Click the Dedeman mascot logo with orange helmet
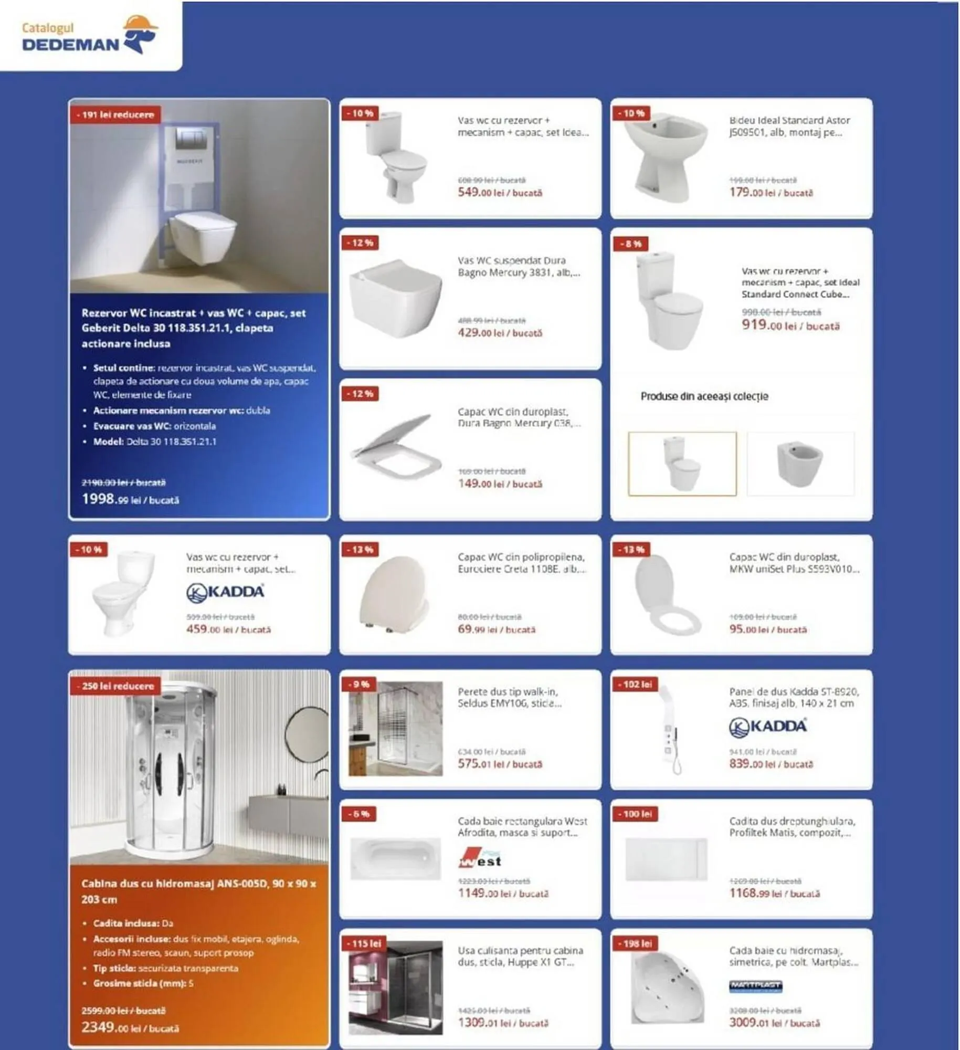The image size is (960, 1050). [x=140, y=34]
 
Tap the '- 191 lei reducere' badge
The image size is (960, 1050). [x=115, y=114]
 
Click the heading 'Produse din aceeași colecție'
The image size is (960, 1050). [x=704, y=396]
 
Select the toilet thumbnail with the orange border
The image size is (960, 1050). [x=682, y=464]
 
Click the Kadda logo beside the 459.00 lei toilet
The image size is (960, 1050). [x=225, y=592]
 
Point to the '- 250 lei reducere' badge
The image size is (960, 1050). [x=115, y=686]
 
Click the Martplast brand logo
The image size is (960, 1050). [x=755, y=986]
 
